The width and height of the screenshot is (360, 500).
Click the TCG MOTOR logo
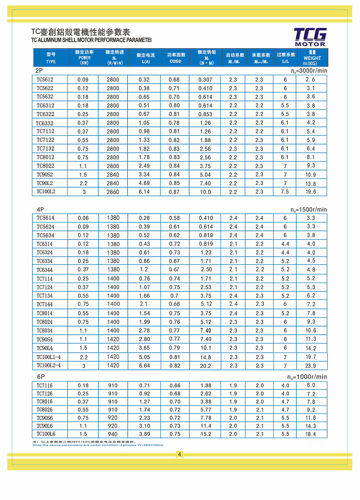[310, 37]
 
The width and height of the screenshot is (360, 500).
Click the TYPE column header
[51, 58]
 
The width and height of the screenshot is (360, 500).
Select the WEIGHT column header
[312, 58]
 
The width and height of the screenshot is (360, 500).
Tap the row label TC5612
[45, 80]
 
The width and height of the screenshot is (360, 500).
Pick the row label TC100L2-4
[49, 365]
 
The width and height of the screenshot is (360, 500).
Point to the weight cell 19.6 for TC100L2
[311, 192]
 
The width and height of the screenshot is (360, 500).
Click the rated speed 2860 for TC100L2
[113, 192]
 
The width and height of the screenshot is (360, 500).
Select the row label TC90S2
[45, 175]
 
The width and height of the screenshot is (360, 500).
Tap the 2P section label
[39, 71]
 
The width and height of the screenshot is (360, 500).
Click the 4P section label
[40, 209]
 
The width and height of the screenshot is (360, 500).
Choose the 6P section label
[41, 377]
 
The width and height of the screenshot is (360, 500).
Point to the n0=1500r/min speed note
[309, 210]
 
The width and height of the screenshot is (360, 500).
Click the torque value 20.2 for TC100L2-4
[206, 366]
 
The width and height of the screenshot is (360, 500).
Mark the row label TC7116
[45, 386]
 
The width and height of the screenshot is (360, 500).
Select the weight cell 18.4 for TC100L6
[311, 434]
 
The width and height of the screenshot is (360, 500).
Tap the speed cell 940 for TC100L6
[113, 434]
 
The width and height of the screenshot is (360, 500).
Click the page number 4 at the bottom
[179, 454]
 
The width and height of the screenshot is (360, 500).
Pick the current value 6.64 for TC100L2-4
[144, 366]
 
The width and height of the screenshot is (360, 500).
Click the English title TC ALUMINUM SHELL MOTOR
[91, 40]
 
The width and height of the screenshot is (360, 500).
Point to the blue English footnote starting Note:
[98, 445]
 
